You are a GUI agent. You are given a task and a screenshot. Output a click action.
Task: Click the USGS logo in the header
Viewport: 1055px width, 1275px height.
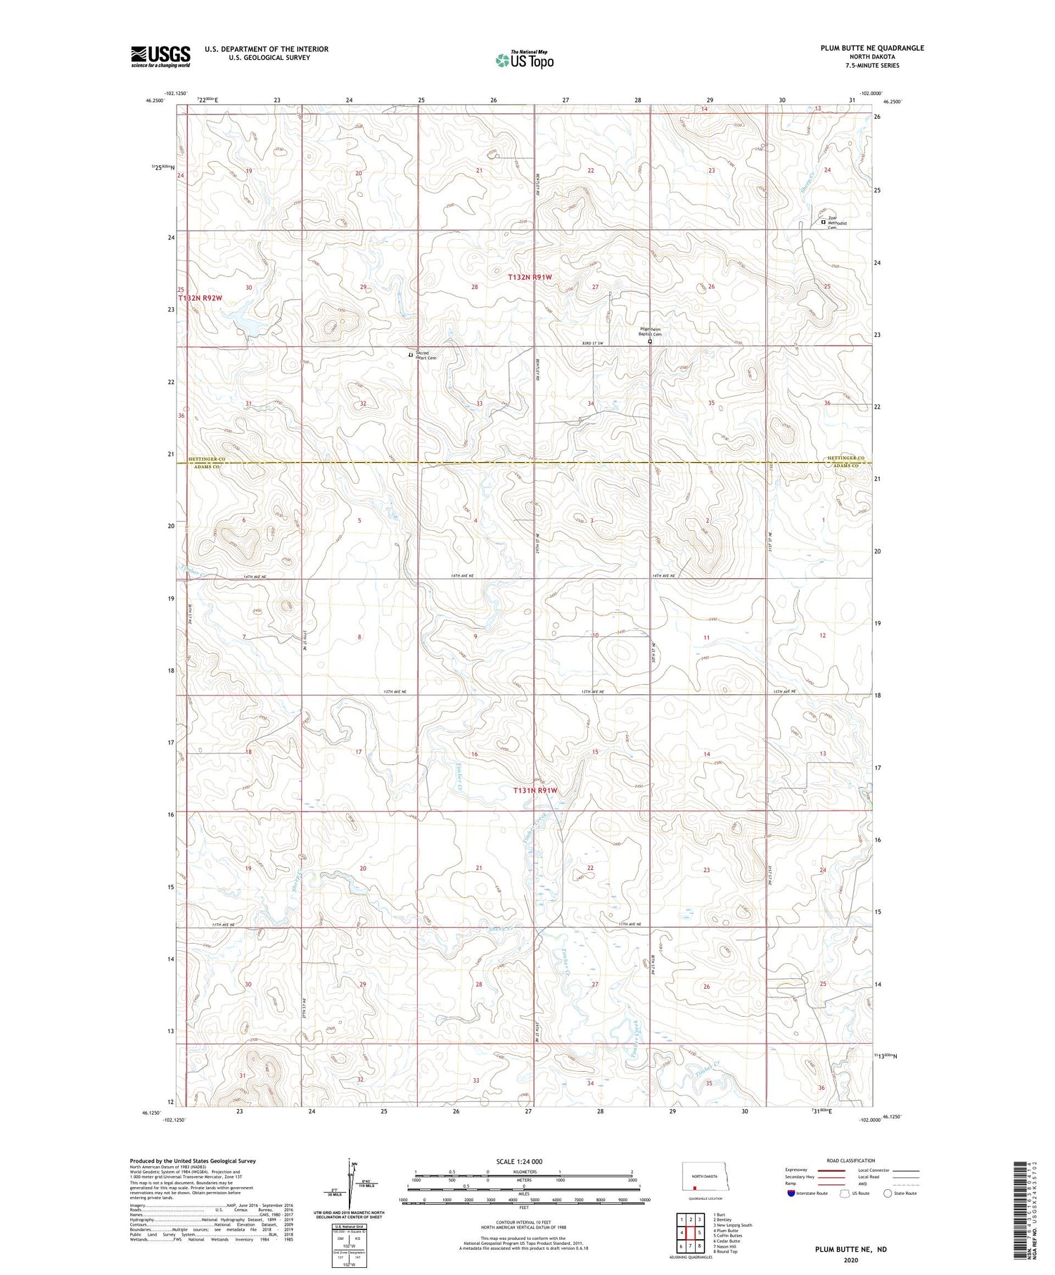click(160, 56)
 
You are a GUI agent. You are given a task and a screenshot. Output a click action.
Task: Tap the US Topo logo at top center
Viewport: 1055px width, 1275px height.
click(524, 60)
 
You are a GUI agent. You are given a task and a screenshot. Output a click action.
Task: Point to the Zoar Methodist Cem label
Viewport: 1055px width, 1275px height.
click(837, 224)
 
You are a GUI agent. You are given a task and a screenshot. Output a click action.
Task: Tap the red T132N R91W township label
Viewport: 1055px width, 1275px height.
click(530, 277)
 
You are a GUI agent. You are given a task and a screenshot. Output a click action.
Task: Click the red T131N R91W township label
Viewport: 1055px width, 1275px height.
click(535, 790)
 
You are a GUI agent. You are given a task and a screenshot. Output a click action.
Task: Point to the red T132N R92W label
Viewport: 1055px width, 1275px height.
click(200, 298)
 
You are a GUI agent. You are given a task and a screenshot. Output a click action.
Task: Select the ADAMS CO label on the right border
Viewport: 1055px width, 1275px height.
click(845, 466)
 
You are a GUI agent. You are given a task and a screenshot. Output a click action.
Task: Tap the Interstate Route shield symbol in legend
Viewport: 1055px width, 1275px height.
click(791, 1193)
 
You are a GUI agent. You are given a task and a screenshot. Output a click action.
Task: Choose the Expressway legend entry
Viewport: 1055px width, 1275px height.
click(799, 1170)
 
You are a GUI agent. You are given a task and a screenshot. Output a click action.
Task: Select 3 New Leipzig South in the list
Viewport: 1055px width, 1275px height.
click(732, 1225)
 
